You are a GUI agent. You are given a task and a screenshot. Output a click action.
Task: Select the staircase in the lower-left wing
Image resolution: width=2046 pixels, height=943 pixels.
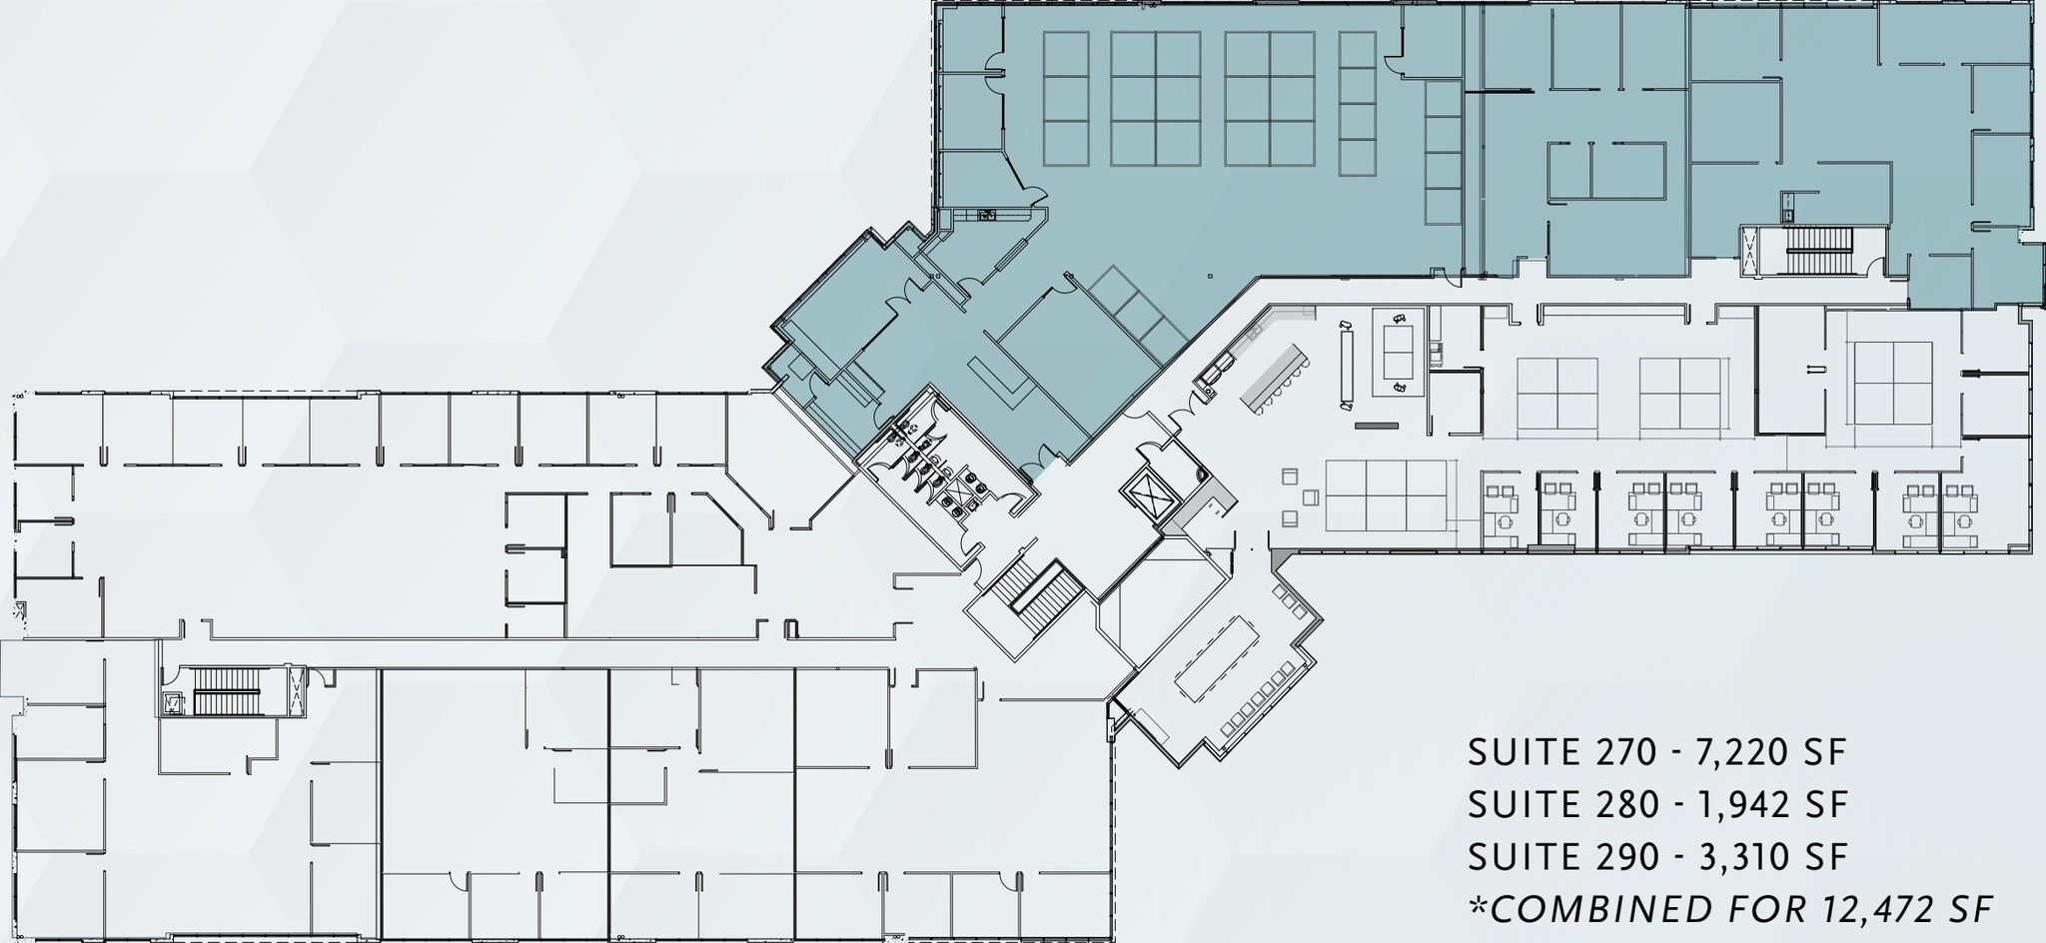pos(225,689)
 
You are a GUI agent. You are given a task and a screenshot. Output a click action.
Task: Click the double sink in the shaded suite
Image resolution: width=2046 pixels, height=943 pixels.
pos(988,214)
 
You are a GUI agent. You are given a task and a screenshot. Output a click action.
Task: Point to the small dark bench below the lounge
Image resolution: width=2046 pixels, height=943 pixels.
pos(1376,427)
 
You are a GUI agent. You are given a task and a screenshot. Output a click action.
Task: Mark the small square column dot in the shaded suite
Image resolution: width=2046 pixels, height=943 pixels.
pos(1209,276)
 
